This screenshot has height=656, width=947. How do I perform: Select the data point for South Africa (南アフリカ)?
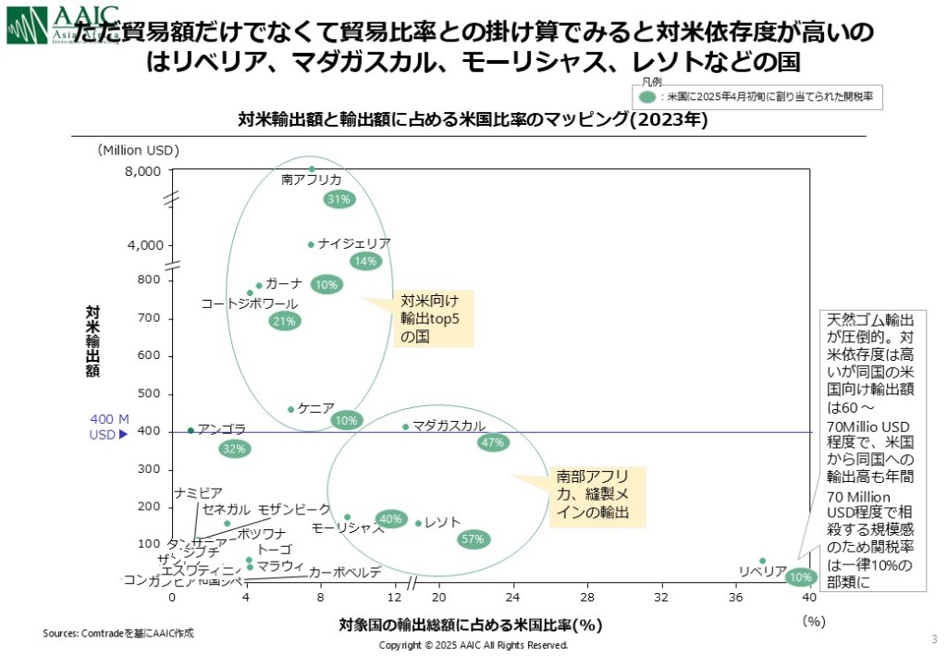click(312, 169)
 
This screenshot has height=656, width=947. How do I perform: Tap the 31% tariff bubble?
click(338, 199)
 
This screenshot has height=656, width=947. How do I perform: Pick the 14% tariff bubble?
click(365, 262)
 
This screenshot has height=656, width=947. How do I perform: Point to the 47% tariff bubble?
click(493, 442)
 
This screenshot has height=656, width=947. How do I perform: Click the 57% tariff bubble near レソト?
click(473, 539)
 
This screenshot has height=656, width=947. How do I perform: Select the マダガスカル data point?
click(405, 427)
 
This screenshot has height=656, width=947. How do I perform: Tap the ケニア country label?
click(315, 408)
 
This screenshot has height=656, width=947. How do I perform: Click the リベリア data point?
click(762, 561)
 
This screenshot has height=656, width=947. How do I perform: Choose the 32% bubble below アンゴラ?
click(235, 449)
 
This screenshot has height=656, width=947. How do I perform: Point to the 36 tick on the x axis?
click(736, 597)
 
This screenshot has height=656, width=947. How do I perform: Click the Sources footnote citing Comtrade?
click(118, 633)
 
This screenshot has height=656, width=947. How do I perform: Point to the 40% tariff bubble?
click(391, 519)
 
